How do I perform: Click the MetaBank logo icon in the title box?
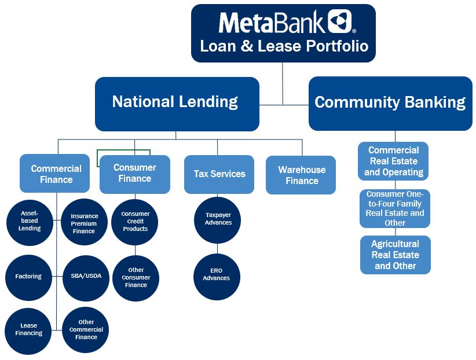point(340,21)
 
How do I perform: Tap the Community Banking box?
point(390,103)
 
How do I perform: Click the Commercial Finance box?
point(56,174)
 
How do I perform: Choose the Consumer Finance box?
point(135,174)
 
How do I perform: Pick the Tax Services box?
point(219,174)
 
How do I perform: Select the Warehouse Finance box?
point(301,175)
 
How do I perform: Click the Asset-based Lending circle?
point(29,221)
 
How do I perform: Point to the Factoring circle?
point(29,277)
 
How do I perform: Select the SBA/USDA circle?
point(85,276)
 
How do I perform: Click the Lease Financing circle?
point(29,330)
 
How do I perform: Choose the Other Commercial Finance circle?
point(85,330)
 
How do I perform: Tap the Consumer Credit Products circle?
point(135,222)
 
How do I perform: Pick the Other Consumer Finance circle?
point(136,278)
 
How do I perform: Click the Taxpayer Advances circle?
point(218,219)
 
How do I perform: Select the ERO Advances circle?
point(216,275)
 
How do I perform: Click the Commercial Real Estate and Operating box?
point(394,161)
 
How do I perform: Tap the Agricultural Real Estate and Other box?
point(395,255)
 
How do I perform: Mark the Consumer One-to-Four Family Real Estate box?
point(394,208)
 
